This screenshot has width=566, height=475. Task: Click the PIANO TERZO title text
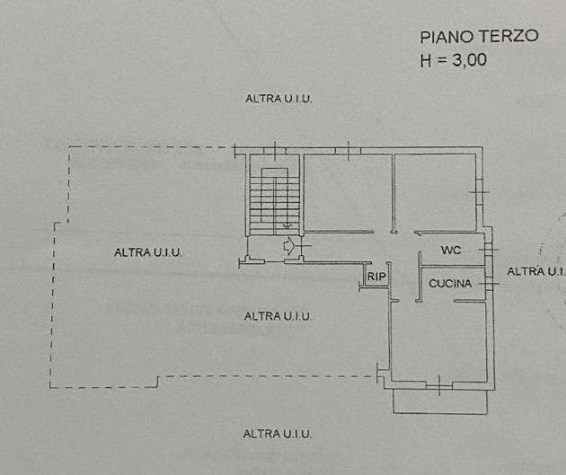click(x=479, y=37)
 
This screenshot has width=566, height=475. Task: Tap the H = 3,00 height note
click(x=454, y=60)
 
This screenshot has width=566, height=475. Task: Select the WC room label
click(x=451, y=250)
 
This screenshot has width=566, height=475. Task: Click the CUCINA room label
click(x=450, y=284)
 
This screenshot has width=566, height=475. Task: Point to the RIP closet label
click(x=376, y=277)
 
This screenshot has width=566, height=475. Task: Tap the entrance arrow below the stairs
click(x=288, y=246)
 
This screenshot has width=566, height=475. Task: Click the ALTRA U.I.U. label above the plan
click(x=279, y=99)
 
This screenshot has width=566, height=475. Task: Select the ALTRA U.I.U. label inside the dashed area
click(x=147, y=252)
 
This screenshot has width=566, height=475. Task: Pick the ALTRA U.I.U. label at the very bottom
click(x=277, y=434)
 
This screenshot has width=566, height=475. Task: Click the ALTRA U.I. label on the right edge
click(x=536, y=271)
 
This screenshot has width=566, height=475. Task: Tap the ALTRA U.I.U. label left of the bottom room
click(x=278, y=316)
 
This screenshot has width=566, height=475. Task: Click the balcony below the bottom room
click(x=440, y=401)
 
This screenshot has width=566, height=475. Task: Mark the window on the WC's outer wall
click(x=488, y=250)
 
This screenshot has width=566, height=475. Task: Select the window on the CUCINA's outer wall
click(x=489, y=284)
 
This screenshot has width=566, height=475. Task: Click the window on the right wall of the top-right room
click(x=479, y=192)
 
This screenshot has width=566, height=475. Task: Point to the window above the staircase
click(x=275, y=151)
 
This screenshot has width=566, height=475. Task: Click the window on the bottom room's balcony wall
click(x=439, y=385)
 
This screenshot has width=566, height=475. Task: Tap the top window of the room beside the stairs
click(x=349, y=151)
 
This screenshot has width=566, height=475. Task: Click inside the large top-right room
click(x=435, y=193)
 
